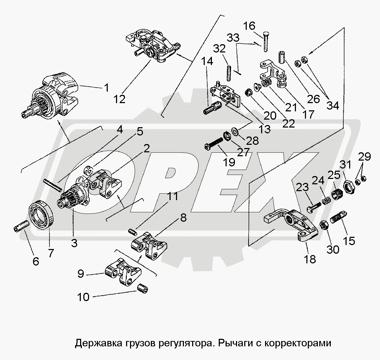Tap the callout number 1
106,87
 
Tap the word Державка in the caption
94,343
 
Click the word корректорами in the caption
296,343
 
